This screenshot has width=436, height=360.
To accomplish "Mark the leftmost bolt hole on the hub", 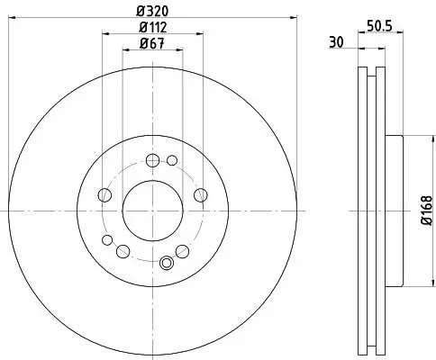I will (104, 195).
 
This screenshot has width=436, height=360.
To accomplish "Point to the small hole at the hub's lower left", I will (108, 239).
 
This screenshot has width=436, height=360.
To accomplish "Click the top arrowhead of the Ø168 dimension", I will (413, 139).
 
